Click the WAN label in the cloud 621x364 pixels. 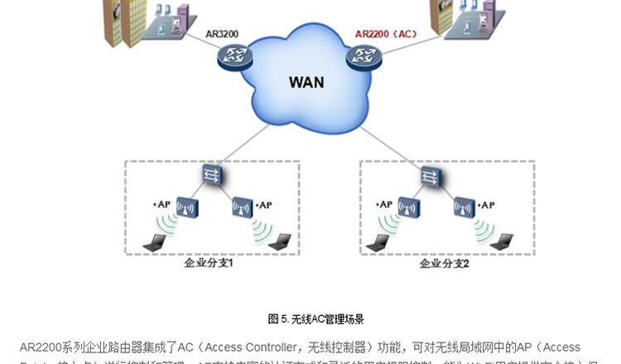pos(306,82)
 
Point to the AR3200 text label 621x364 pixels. pos(223,34)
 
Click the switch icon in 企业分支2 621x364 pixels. pos(431,175)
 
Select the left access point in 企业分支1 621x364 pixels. pos(187,207)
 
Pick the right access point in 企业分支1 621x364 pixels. pos(243,207)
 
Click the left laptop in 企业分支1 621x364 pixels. pos(154,242)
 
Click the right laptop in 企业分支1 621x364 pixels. pos(280,241)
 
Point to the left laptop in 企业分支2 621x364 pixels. pos(378,242)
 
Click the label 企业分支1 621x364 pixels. pos(208,264)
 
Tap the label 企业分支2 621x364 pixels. pos(444,264)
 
